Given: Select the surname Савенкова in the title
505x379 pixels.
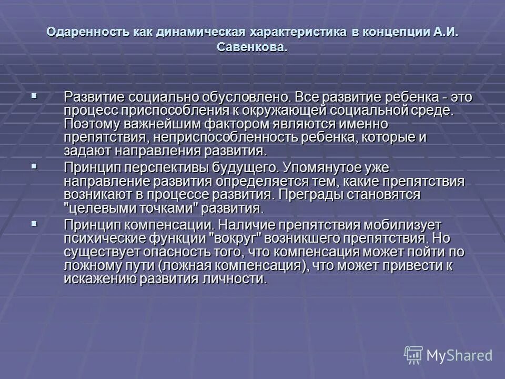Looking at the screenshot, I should [x=251, y=47].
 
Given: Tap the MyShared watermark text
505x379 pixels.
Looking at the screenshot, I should [x=460, y=356].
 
